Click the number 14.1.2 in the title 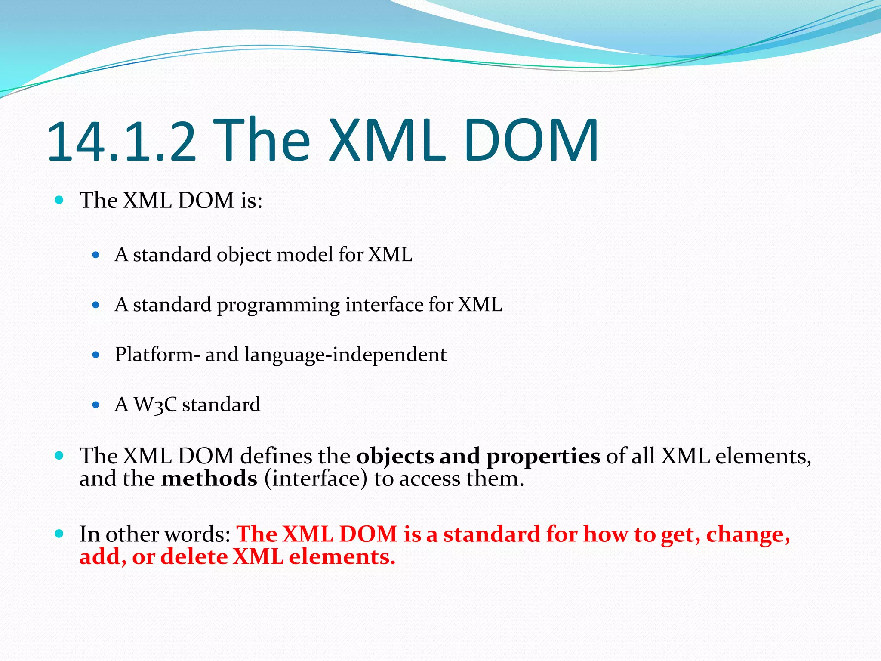pyautogui.click(x=121, y=142)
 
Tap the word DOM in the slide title pyautogui.click(x=531, y=141)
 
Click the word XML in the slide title pyautogui.click(x=388, y=141)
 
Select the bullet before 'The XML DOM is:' pyautogui.click(x=59, y=200)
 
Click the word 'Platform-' pyautogui.click(x=157, y=355)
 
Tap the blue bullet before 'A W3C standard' pyautogui.click(x=96, y=405)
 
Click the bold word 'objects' pyautogui.click(x=395, y=457)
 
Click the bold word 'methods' pyautogui.click(x=209, y=479)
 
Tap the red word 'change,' pyautogui.click(x=748, y=535)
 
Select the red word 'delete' pyautogui.click(x=194, y=557)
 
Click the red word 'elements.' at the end pyautogui.click(x=342, y=557)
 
